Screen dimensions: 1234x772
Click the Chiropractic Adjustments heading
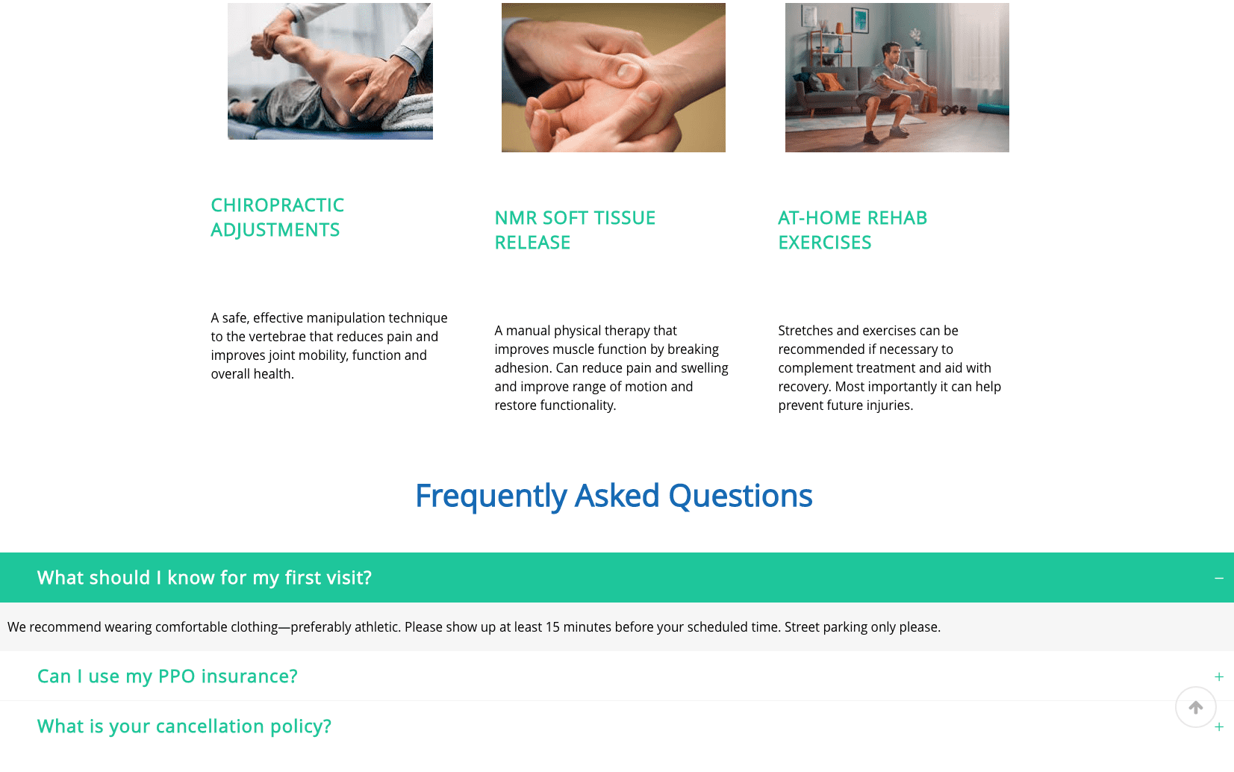tap(277, 217)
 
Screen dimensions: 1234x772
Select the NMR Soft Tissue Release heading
tap(575, 230)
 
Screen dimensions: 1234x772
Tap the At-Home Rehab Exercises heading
tap(853, 230)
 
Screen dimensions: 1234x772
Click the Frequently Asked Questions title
tap(614, 496)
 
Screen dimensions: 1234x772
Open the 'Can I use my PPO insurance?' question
tap(167, 676)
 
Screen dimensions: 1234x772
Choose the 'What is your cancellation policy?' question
tap(184, 726)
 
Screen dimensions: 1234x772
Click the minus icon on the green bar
tap(1218, 578)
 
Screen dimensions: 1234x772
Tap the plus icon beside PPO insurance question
tap(1218, 676)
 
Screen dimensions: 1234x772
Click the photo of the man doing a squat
tap(897, 78)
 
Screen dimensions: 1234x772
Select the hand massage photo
tap(613, 78)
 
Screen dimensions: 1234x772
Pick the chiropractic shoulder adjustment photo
tap(330, 71)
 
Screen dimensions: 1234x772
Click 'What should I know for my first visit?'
tap(204, 577)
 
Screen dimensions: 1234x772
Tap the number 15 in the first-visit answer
tap(552, 627)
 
